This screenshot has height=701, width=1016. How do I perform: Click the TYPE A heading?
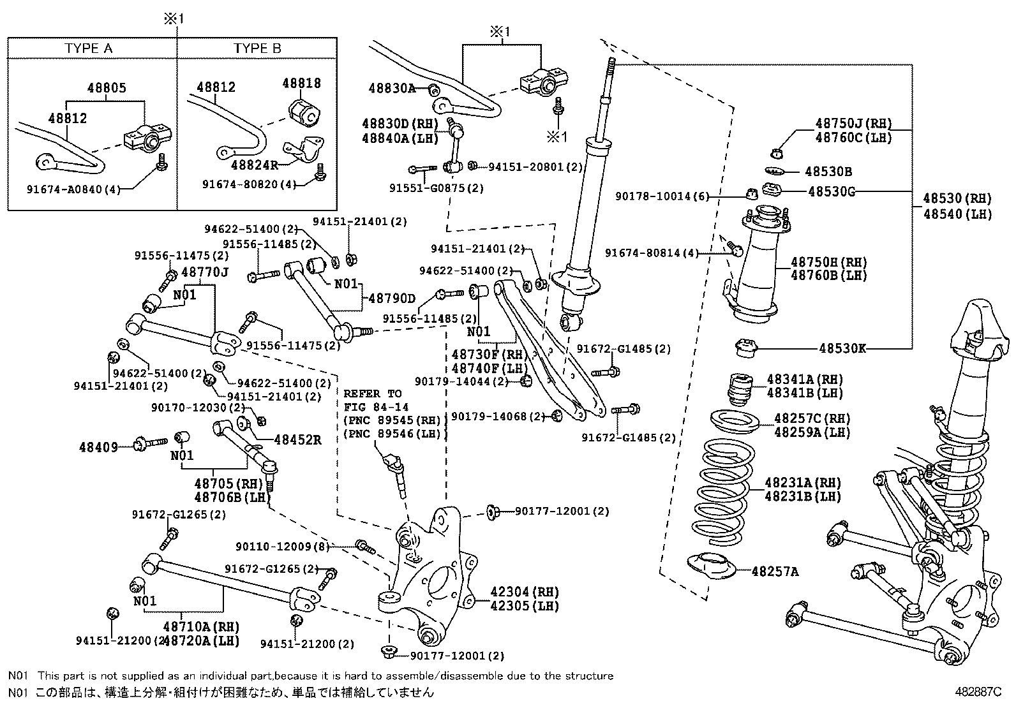pos(89,48)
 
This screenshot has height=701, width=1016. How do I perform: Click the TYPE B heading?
pos(257,48)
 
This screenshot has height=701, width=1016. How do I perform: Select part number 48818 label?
pos(302,84)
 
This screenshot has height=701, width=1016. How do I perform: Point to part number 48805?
pos(107,89)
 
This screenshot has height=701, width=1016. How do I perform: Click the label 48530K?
pos(842,348)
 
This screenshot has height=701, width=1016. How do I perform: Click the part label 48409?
pos(98,447)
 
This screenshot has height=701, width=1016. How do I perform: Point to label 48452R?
pos(297,439)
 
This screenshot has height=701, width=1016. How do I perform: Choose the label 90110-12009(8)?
pos(281,547)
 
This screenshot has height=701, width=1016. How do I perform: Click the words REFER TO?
pos(373,394)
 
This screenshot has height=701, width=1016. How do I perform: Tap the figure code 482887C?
pos(978,691)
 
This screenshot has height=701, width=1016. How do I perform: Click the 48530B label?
pos(828,172)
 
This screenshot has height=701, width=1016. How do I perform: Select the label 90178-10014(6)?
pos(662,196)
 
